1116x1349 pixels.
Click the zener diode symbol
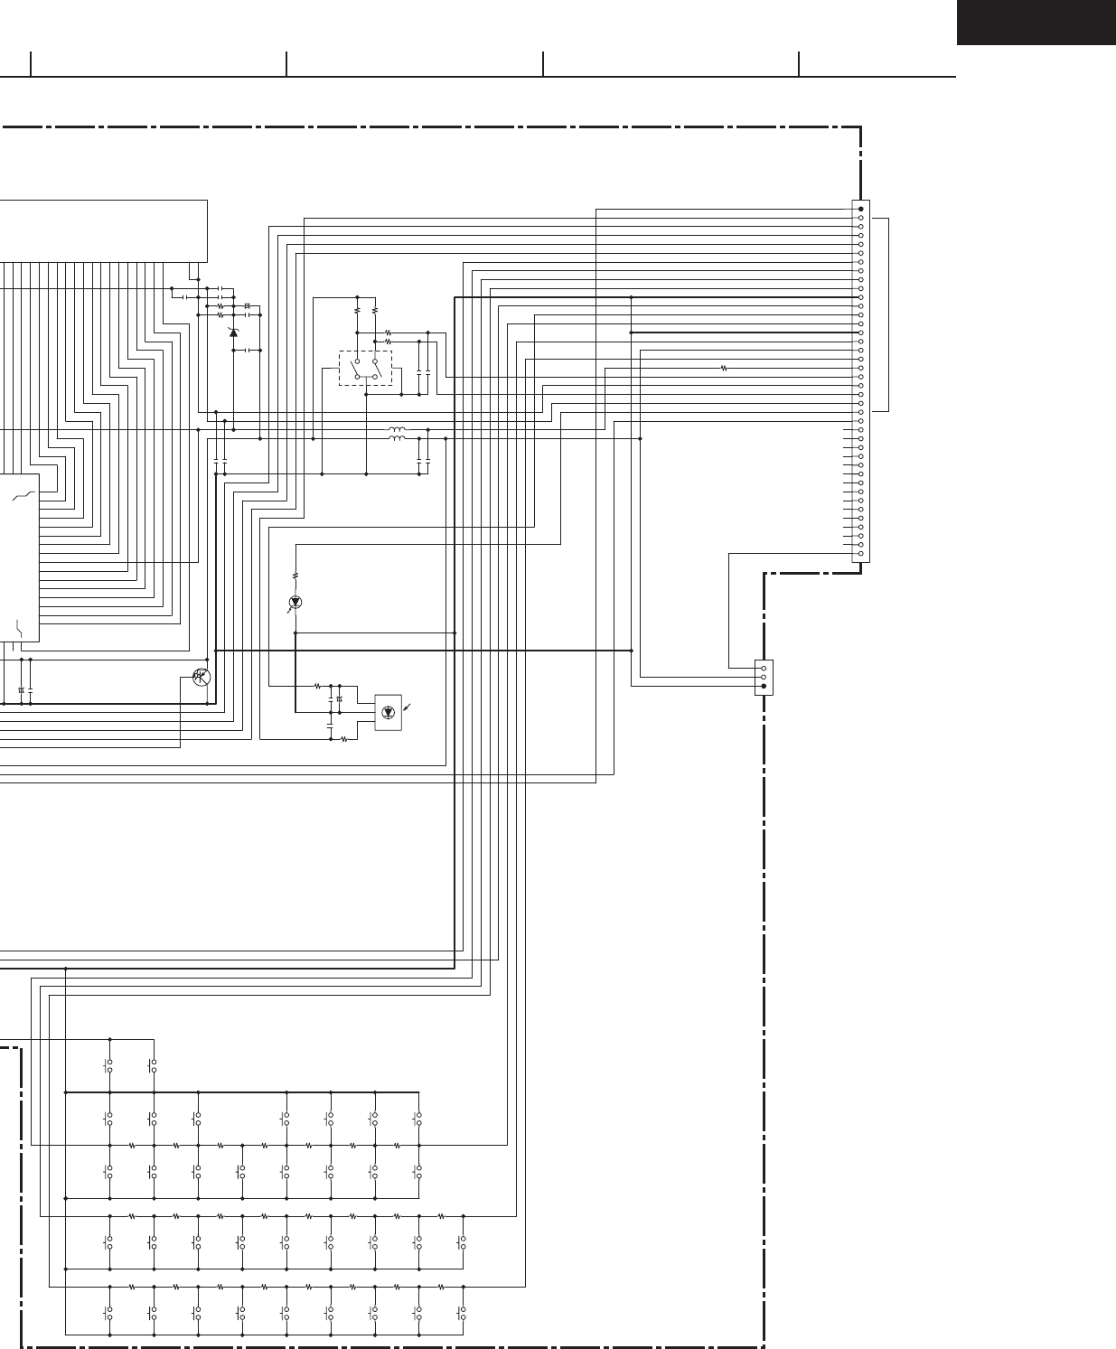(x=234, y=333)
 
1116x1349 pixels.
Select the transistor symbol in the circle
(x=202, y=677)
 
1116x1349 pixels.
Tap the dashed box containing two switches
(x=365, y=369)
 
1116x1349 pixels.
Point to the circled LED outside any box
(x=295, y=602)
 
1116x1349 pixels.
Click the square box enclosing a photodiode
(x=389, y=712)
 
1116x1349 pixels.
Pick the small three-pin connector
(x=764, y=677)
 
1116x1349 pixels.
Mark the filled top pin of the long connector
(x=860, y=209)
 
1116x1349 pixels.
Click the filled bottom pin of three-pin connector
(x=764, y=686)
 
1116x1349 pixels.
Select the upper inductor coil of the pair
(x=397, y=429)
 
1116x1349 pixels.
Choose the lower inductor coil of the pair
(x=397, y=439)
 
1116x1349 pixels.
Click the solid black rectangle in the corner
(x=1036, y=23)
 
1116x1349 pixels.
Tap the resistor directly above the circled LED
(x=295, y=576)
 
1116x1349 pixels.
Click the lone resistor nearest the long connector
(x=724, y=368)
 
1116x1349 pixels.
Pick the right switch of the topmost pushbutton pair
(x=154, y=1066)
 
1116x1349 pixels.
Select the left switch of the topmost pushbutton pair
(x=109, y=1066)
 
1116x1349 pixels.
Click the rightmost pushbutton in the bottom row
(x=463, y=1314)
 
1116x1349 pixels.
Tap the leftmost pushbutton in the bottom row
(x=109, y=1314)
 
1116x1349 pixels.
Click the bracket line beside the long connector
(x=888, y=314)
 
